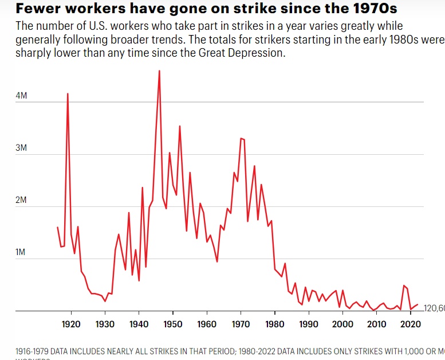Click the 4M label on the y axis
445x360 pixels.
(x=21, y=96)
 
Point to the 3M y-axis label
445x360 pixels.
(x=21, y=148)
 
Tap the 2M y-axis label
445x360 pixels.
(x=21, y=200)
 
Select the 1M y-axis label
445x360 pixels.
(x=21, y=252)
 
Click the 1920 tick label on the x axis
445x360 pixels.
(x=71, y=324)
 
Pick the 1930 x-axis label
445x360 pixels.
(x=105, y=324)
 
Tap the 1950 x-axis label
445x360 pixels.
(x=173, y=324)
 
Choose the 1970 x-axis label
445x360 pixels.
(x=241, y=324)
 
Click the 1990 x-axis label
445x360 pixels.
(x=309, y=324)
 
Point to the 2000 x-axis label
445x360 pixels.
(x=342, y=324)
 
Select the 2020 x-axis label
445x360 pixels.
(x=410, y=324)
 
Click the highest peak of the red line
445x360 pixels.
(x=159, y=71)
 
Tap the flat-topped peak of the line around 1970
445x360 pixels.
(x=242, y=139)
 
